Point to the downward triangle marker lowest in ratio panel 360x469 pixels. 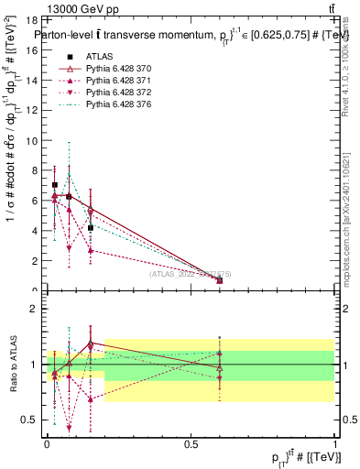tap(70, 427)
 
